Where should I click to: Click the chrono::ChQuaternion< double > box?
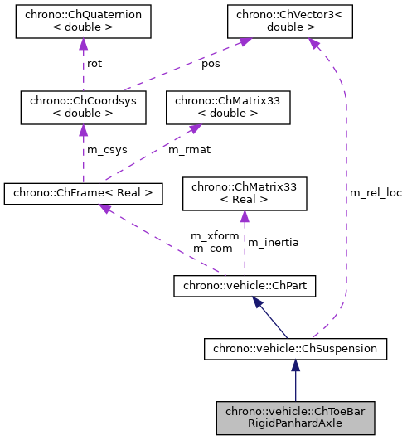(x=83, y=23)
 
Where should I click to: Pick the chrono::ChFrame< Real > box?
(x=83, y=193)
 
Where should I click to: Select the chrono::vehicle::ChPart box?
(x=245, y=287)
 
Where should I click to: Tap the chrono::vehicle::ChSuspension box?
(x=295, y=350)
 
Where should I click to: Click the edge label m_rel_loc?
(x=375, y=193)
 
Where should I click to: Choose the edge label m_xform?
(x=215, y=236)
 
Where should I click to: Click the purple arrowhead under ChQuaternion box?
(x=83, y=46)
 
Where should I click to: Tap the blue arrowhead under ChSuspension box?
(x=295, y=366)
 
